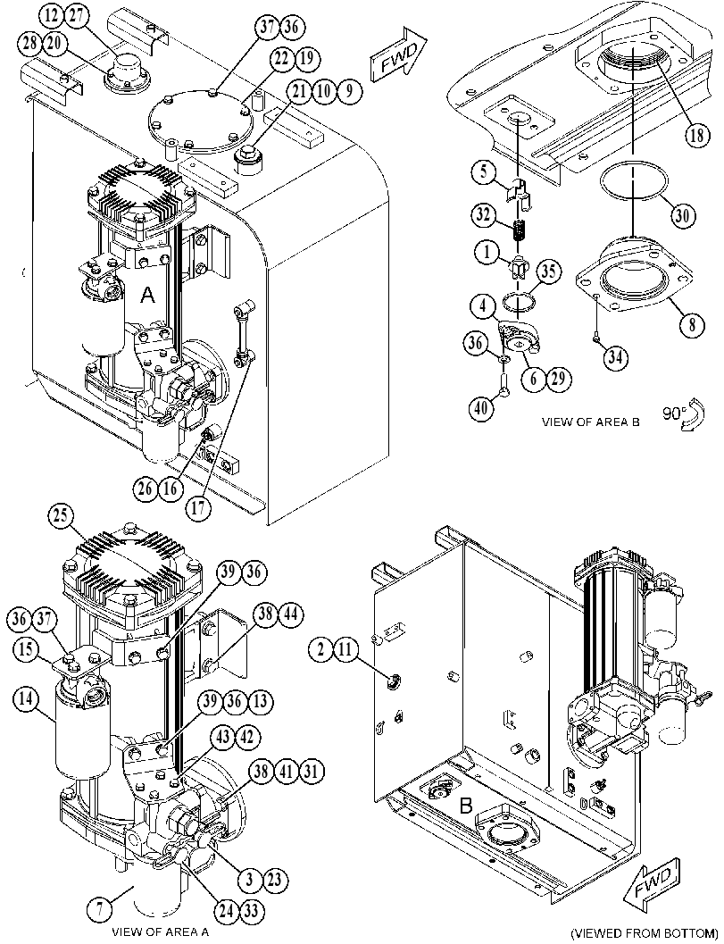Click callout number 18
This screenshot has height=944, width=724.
[696, 135]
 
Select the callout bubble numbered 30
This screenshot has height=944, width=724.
[682, 215]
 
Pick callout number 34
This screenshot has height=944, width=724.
[614, 357]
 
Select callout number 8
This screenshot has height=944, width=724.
[692, 325]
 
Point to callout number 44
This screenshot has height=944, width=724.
[290, 614]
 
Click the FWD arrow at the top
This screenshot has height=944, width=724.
[398, 54]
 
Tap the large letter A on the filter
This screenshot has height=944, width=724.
[147, 295]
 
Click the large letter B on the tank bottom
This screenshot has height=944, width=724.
[466, 806]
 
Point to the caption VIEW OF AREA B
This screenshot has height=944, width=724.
[590, 422]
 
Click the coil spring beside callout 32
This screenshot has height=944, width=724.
[518, 230]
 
